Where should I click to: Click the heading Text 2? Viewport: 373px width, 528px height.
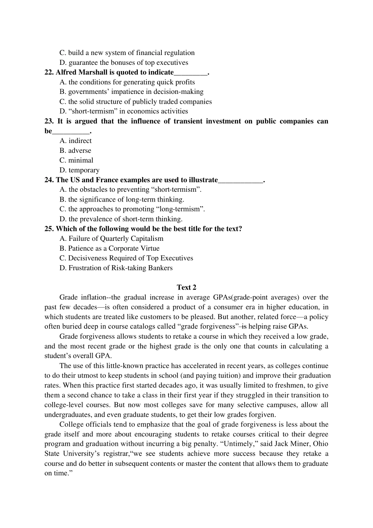click(186, 287)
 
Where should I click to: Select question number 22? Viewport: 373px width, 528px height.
click(49, 72)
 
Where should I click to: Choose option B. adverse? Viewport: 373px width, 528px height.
click(75, 150)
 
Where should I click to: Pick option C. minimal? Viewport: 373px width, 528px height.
click(77, 160)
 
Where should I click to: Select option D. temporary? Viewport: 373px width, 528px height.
click(80, 170)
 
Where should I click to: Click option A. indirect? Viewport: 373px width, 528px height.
click(76, 141)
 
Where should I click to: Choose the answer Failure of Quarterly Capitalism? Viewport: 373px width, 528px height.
click(116, 238)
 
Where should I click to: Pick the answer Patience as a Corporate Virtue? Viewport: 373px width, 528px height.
click(114, 248)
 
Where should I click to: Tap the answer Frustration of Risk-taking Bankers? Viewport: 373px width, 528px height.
click(121, 268)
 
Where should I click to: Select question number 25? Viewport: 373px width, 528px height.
click(49, 229)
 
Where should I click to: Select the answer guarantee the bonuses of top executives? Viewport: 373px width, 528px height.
click(128, 62)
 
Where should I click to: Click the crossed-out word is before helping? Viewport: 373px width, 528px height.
click(244, 326)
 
